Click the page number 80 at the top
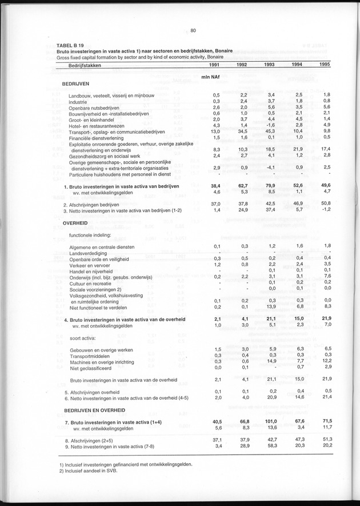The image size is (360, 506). (193, 31)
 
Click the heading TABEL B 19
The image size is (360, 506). (71, 45)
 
